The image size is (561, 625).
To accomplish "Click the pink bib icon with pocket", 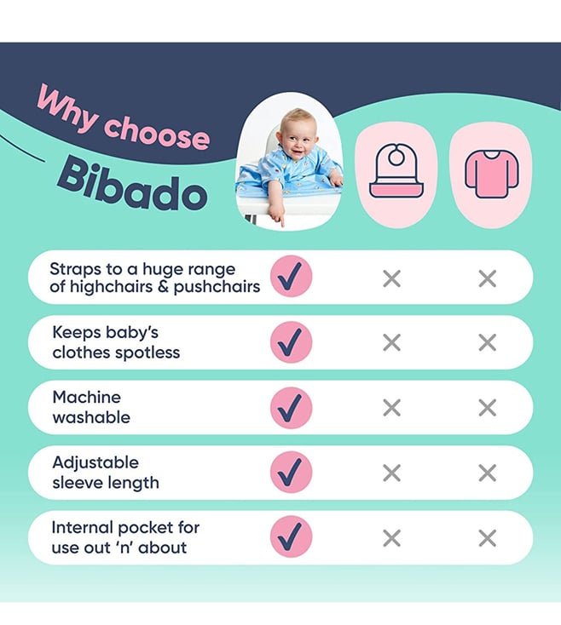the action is point(396,170).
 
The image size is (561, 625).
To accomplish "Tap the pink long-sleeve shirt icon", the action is point(491,174).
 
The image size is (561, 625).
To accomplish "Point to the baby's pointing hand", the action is point(277,216).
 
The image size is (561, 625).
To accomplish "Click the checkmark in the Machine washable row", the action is point(291,408).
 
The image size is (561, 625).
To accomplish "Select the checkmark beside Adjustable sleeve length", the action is point(291,473).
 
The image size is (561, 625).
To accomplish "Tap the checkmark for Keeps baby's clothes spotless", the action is point(291,342).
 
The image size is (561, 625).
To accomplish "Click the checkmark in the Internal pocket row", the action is point(291,536).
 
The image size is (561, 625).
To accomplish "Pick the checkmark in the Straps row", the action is point(291,276).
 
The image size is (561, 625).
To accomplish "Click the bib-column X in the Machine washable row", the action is point(391,408).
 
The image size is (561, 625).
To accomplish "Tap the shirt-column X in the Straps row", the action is point(487,278).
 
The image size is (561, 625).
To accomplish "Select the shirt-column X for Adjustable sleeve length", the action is point(487,473).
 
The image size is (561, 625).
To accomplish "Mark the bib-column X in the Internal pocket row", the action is point(391,538).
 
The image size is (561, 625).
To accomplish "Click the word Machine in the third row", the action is point(87,397).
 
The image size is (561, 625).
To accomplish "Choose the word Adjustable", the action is point(95,463).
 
